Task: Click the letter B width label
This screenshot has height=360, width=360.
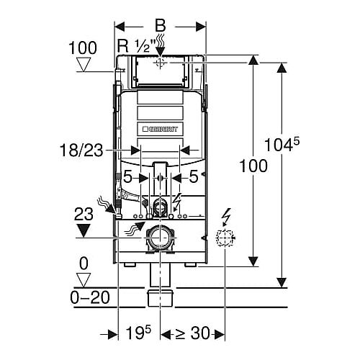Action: (161, 25)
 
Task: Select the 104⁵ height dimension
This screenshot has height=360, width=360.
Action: (282, 145)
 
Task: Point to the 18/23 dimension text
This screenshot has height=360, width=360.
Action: (81, 150)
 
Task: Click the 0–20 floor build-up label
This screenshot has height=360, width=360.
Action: (90, 297)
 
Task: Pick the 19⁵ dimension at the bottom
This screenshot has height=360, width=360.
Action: (138, 333)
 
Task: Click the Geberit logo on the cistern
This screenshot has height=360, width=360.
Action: (161, 129)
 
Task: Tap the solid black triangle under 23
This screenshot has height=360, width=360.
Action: (83, 230)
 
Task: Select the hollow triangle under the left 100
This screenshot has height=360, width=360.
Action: (84, 65)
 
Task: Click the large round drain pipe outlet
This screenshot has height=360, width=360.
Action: (160, 238)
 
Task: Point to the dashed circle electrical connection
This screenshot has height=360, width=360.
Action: (225, 238)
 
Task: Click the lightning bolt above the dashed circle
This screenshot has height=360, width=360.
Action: (226, 217)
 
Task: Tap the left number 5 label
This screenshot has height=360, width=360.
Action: (127, 177)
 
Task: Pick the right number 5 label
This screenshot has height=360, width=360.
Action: (194, 177)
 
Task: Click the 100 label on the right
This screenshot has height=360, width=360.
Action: (253, 166)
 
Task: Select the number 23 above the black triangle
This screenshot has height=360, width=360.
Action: (84, 215)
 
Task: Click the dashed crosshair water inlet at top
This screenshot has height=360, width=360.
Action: (160, 63)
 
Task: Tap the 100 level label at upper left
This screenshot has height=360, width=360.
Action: (83, 48)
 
